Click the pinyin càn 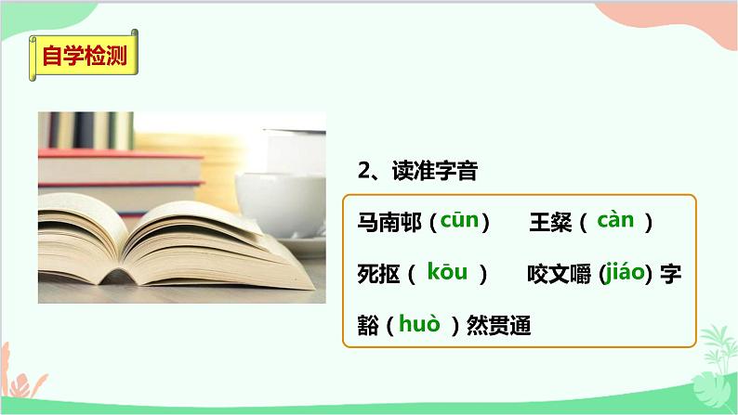coord(615,221)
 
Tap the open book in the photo coord(177,241)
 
